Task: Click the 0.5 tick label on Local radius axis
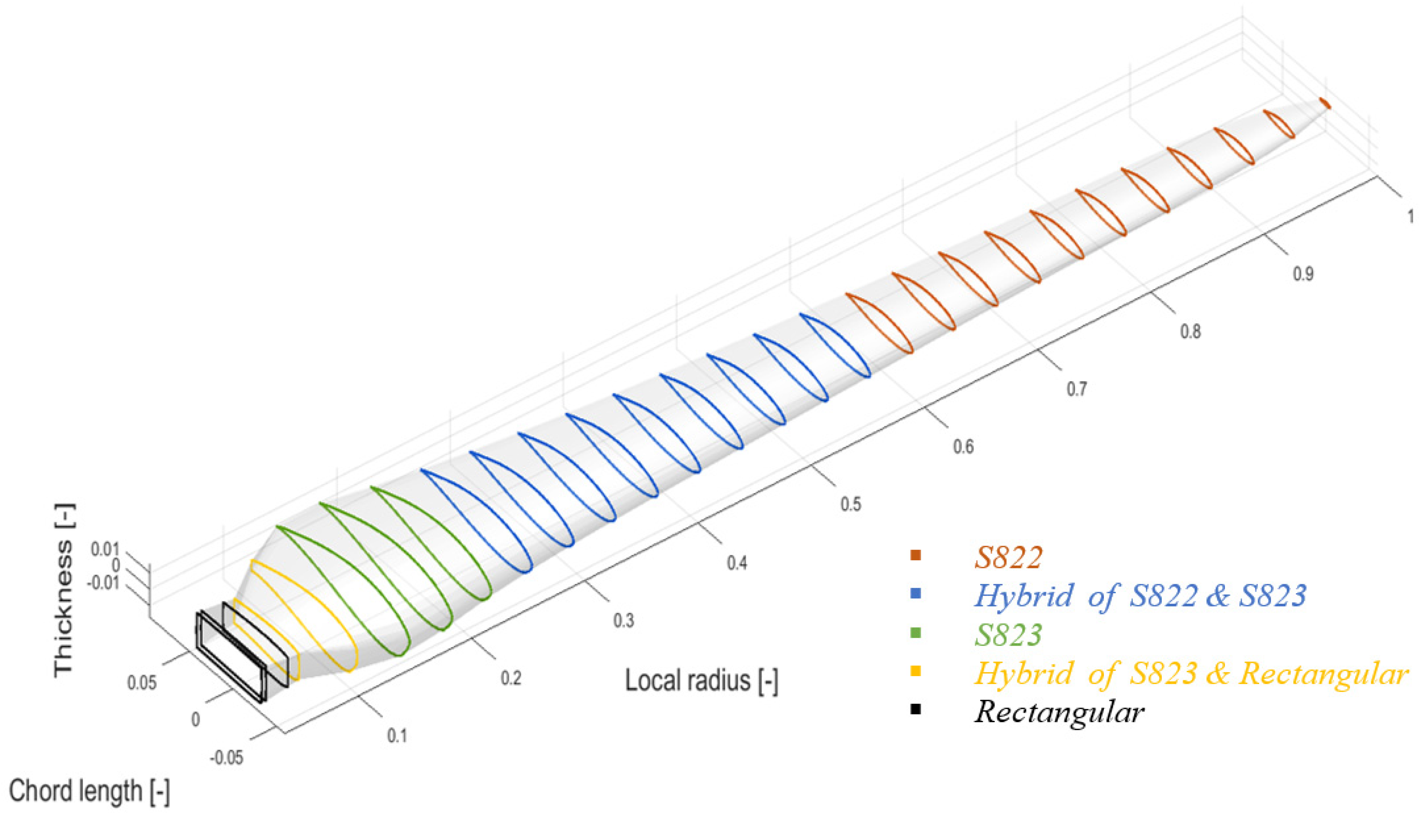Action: [850, 504]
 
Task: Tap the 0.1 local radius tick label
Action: [397, 736]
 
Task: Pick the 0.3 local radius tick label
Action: [624, 620]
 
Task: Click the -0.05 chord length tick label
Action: [227, 759]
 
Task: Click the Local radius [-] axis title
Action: [701, 681]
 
